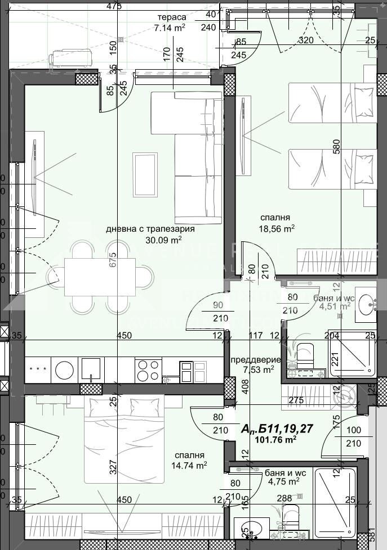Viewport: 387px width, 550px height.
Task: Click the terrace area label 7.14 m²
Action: (x=171, y=27)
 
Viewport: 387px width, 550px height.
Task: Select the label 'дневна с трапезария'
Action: (x=150, y=229)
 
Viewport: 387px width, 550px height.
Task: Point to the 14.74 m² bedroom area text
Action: (x=189, y=465)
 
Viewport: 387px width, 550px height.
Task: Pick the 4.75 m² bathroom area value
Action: (x=282, y=482)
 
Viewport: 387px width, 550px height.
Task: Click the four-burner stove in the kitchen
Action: (x=148, y=370)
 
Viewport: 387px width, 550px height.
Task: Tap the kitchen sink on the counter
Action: (x=91, y=369)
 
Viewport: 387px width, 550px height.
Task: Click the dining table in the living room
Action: (x=100, y=277)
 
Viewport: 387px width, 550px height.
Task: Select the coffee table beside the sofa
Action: (x=145, y=174)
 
